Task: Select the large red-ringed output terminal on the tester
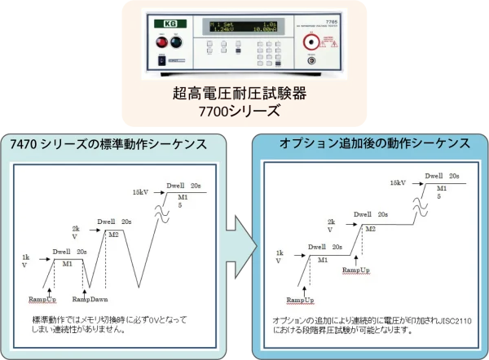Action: [x=310, y=59]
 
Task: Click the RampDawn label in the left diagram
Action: [x=90, y=300]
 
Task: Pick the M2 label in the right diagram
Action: [x=370, y=229]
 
